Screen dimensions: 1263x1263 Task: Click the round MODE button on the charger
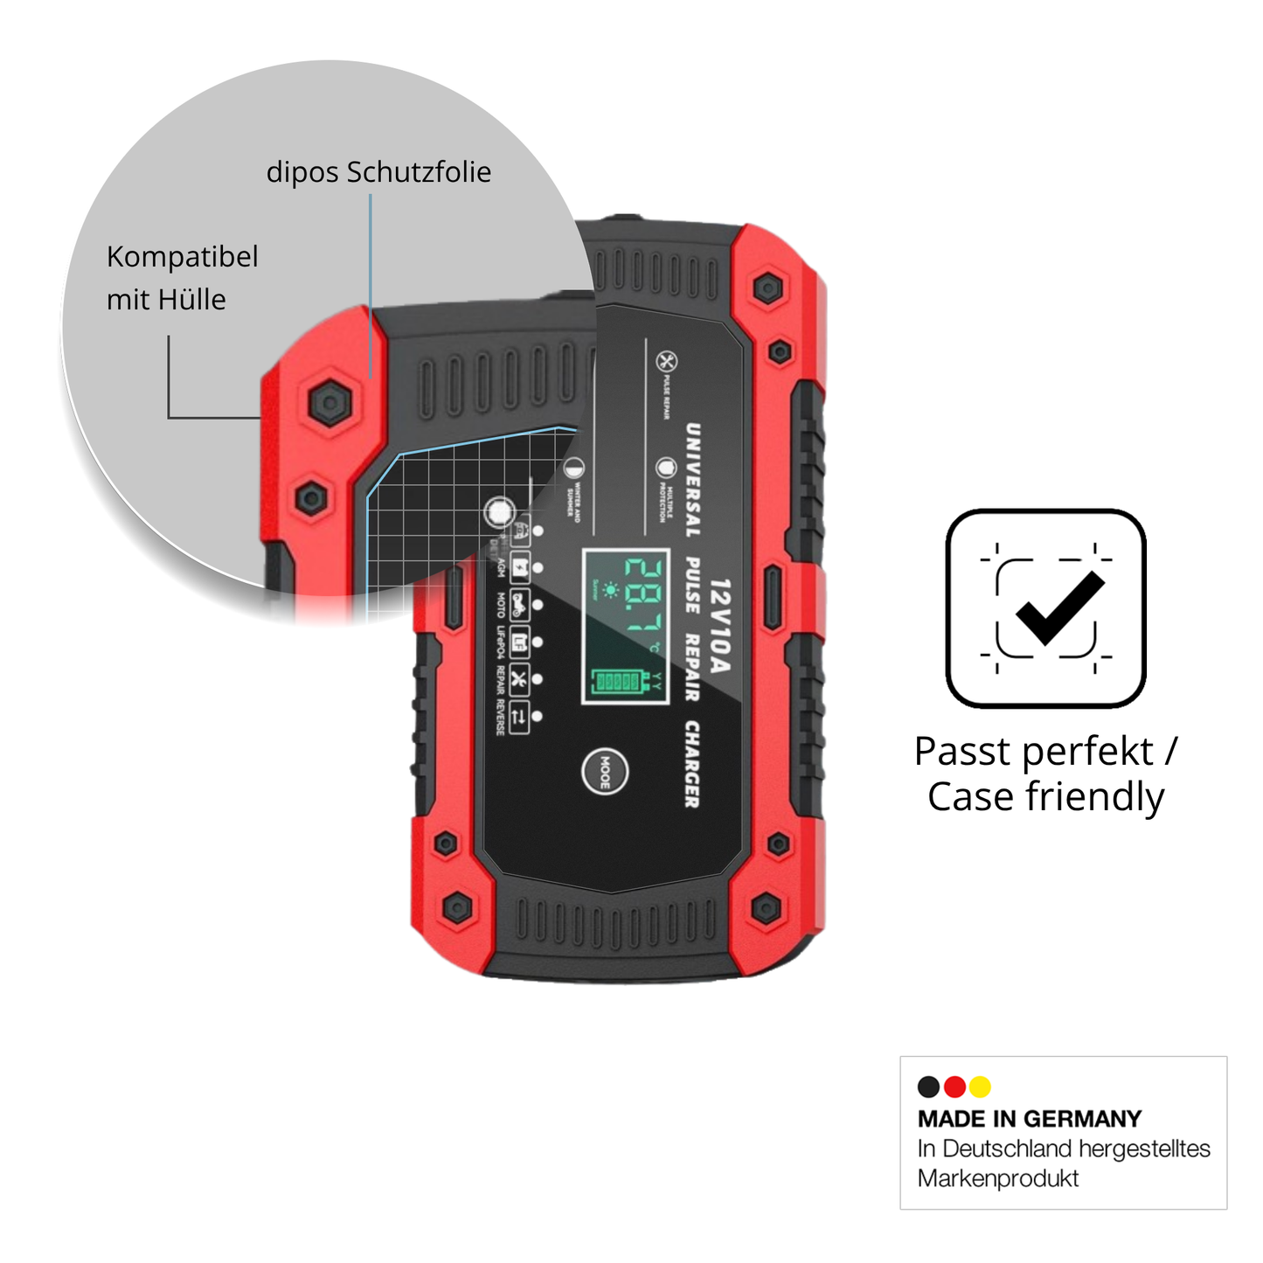click(605, 771)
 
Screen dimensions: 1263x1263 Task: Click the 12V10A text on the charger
click(719, 626)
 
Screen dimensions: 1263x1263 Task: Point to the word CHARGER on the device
click(692, 764)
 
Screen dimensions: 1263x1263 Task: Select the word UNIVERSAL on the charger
click(692, 480)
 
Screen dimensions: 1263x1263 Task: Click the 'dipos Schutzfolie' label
click(378, 172)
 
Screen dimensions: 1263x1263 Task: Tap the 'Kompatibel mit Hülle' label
click(182, 278)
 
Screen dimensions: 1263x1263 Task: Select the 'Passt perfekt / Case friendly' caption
click(1046, 774)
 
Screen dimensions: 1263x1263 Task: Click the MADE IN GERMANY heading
click(1030, 1119)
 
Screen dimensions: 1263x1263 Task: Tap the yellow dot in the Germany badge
click(980, 1086)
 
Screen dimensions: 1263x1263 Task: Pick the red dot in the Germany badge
click(954, 1086)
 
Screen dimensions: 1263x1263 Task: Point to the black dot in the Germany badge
click(928, 1086)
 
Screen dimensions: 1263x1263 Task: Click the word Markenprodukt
click(997, 1178)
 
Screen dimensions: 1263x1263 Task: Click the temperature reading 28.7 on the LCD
click(642, 595)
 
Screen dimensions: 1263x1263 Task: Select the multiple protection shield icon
click(666, 468)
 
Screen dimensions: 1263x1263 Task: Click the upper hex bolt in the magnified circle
click(330, 403)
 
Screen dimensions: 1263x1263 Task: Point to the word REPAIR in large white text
click(692, 667)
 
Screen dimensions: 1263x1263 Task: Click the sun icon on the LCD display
click(610, 591)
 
